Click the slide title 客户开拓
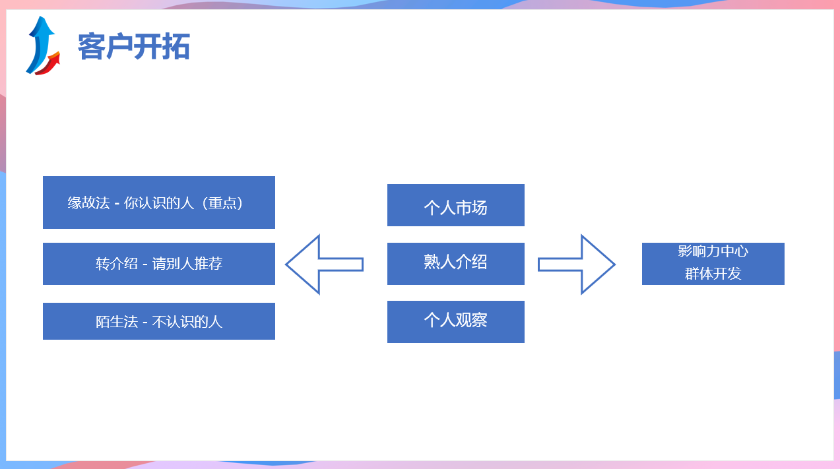tap(133, 46)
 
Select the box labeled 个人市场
tap(455, 205)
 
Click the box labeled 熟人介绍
tap(455, 264)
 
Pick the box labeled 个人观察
tap(455, 322)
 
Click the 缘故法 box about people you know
tap(159, 203)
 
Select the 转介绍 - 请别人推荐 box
tap(159, 264)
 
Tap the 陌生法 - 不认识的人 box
tap(159, 321)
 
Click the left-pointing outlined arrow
tap(324, 265)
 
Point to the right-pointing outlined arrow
tap(577, 265)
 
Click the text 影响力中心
tap(713, 251)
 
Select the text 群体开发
tap(713, 274)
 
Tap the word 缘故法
tap(88, 203)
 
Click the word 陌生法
tap(117, 322)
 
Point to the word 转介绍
tap(117, 264)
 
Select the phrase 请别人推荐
tap(187, 264)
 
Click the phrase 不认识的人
tap(187, 322)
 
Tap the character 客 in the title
tap(91, 46)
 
